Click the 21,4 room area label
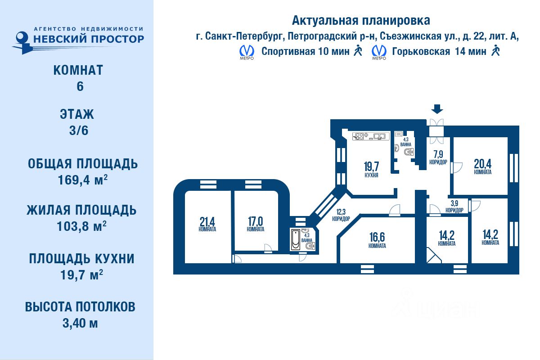point(207,224)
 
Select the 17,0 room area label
point(255,224)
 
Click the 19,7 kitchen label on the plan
point(371,169)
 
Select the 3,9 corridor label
point(454,206)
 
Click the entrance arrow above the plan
point(437,109)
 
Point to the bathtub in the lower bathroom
point(295,240)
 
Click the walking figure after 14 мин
point(496,50)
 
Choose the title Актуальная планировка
point(361,20)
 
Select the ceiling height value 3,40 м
point(80,323)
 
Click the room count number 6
point(80,86)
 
